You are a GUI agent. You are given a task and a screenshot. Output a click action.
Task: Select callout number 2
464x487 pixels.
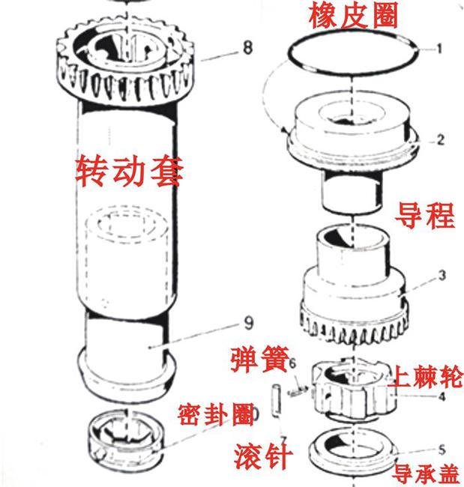point(441,139)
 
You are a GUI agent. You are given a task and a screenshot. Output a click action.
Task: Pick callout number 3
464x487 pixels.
point(442,276)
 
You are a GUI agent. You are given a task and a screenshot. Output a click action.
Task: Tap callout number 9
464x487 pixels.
point(229,324)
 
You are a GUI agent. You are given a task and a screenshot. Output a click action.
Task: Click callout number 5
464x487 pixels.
point(442,450)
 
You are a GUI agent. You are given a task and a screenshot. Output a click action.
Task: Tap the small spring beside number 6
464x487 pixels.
point(297,387)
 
